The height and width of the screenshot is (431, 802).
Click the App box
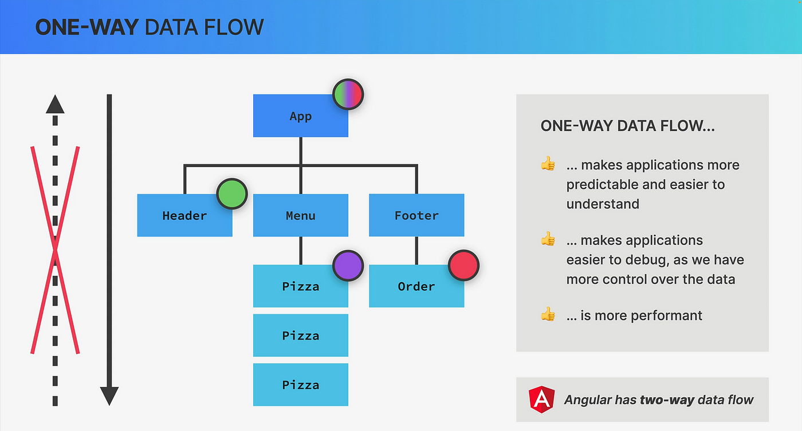(x=300, y=116)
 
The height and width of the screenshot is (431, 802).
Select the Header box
(x=184, y=215)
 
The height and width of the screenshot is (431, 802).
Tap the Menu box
(x=300, y=215)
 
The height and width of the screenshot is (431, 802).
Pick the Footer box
(x=416, y=215)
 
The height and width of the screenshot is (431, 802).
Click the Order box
(x=416, y=286)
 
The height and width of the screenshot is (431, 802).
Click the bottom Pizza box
(x=300, y=385)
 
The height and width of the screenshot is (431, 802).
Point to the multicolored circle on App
(x=348, y=94)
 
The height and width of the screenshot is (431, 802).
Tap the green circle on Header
(x=232, y=194)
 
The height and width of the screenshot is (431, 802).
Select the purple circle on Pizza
(x=348, y=266)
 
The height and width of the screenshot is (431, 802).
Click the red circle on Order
(x=463, y=266)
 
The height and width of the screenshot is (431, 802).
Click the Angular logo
(x=542, y=400)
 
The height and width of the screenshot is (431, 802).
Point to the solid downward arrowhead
(x=109, y=396)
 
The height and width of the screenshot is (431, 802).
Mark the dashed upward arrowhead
(x=55, y=104)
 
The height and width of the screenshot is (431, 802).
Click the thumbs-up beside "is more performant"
(x=548, y=315)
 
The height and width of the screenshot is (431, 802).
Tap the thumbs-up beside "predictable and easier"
(x=548, y=164)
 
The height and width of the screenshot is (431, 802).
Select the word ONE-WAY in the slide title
(x=87, y=27)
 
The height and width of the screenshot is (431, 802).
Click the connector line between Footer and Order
(x=416, y=250)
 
